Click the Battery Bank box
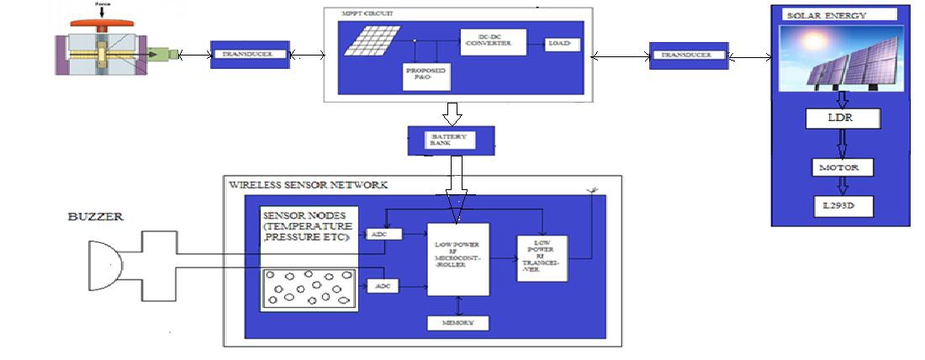(x=451, y=140)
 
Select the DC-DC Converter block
(x=492, y=43)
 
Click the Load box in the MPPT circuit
(x=558, y=43)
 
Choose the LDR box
(x=841, y=118)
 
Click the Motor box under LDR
(x=841, y=167)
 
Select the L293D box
(x=841, y=205)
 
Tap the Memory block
(x=457, y=323)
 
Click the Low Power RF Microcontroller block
(x=457, y=259)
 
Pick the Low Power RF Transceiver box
(x=542, y=259)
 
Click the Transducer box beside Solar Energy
(x=689, y=56)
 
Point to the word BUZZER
(x=96, y=217)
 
